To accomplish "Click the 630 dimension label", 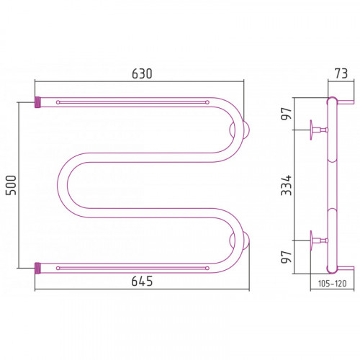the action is point(142,74).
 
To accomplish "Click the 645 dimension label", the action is point(142,281).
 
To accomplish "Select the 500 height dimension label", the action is point(12,185).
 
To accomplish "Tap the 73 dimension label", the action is point(341,73).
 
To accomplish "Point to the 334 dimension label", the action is point(287,185).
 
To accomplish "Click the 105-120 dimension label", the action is point(332,284).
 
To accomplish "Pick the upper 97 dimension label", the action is point(287,113).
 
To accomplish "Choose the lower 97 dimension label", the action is point(287,257).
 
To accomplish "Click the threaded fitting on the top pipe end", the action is point(37,102).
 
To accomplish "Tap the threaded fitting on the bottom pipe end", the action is point(37,268).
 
